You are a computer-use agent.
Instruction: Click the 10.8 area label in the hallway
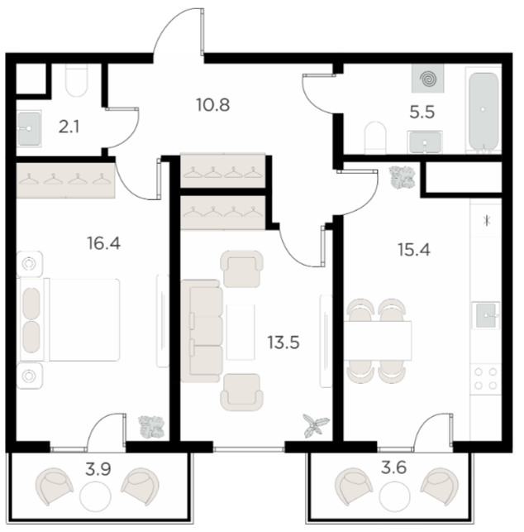213,105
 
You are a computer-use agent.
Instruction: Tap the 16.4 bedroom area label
103,243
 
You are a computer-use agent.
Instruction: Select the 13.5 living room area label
283,343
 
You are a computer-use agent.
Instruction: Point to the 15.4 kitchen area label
414,250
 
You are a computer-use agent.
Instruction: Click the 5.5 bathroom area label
422,112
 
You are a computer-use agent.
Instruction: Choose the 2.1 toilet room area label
69,127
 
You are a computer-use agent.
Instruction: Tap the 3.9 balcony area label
98,470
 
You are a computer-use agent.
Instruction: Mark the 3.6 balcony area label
393,468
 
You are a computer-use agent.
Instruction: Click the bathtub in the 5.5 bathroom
484,110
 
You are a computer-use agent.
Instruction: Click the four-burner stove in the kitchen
485,378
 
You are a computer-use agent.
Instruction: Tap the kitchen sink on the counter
486,315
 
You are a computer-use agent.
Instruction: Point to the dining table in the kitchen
378,341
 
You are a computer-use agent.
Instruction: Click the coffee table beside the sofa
241,332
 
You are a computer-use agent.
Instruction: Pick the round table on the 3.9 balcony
95,496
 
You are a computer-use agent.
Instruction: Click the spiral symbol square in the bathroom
428,79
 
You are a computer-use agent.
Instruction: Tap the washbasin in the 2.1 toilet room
29,128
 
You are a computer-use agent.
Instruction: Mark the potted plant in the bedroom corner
152,428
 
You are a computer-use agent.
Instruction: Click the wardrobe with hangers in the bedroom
66,180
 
